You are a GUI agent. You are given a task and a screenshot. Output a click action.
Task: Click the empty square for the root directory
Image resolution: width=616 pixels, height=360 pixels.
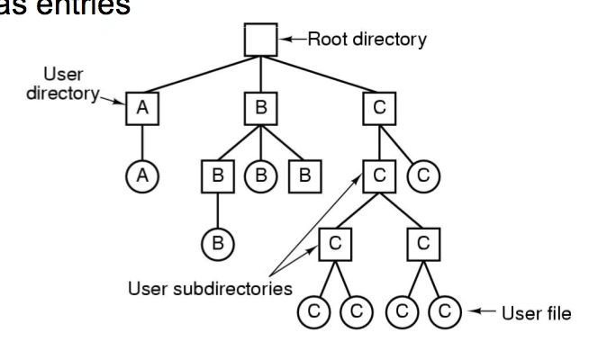(261, 40)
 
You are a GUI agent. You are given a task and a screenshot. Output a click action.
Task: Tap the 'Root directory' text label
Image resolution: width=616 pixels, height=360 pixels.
(367, 40)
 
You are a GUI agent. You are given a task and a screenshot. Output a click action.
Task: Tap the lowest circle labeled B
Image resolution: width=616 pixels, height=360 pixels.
(217, 243)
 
